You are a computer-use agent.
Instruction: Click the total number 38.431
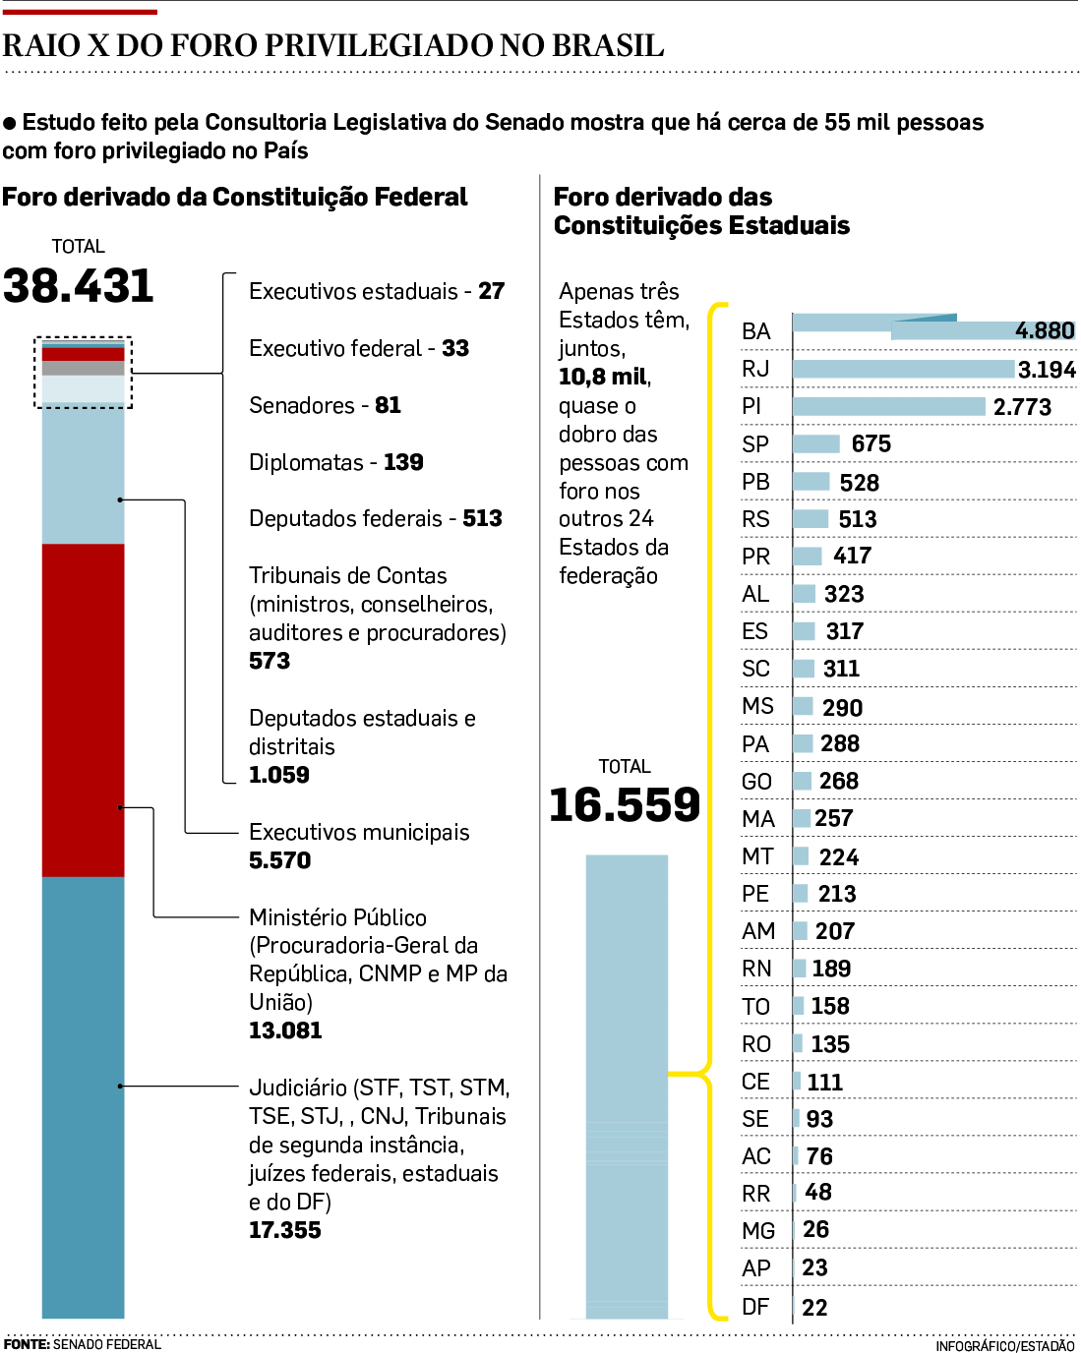[x=79, y=286]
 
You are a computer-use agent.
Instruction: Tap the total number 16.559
[x=625, y=804]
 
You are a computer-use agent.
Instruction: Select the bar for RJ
[x=903, y=369]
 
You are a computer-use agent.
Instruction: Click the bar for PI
[x=888, y=406]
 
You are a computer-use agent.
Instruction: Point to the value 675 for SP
[x=871, y=443]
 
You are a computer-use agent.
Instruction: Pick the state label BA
[x=755, y=331]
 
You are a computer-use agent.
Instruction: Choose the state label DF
[x=755, y=1307]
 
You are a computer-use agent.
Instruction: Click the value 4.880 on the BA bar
[x=1044, y=330]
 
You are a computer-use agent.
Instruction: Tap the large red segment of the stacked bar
[x=84, y=708]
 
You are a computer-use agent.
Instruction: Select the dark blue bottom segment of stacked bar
[x=84, y=1096]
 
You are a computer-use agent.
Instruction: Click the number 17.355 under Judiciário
[x=285, y=1230]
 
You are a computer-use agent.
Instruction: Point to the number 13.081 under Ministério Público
[x=285, y=1030]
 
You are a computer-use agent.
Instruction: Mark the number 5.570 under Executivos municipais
[x=280, y=860]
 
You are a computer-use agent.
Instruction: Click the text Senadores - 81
[x=325, y=405]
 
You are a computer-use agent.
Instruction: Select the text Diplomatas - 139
[x=335, y=462]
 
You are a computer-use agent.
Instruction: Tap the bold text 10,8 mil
[x=604, y=377]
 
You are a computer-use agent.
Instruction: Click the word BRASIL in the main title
[x=607, y=45]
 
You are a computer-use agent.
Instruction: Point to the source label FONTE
[x=27, y=1344]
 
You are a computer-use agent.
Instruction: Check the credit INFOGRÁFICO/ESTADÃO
[x=1004, y=1345]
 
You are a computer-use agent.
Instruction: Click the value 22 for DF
[x=814, y=1308]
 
